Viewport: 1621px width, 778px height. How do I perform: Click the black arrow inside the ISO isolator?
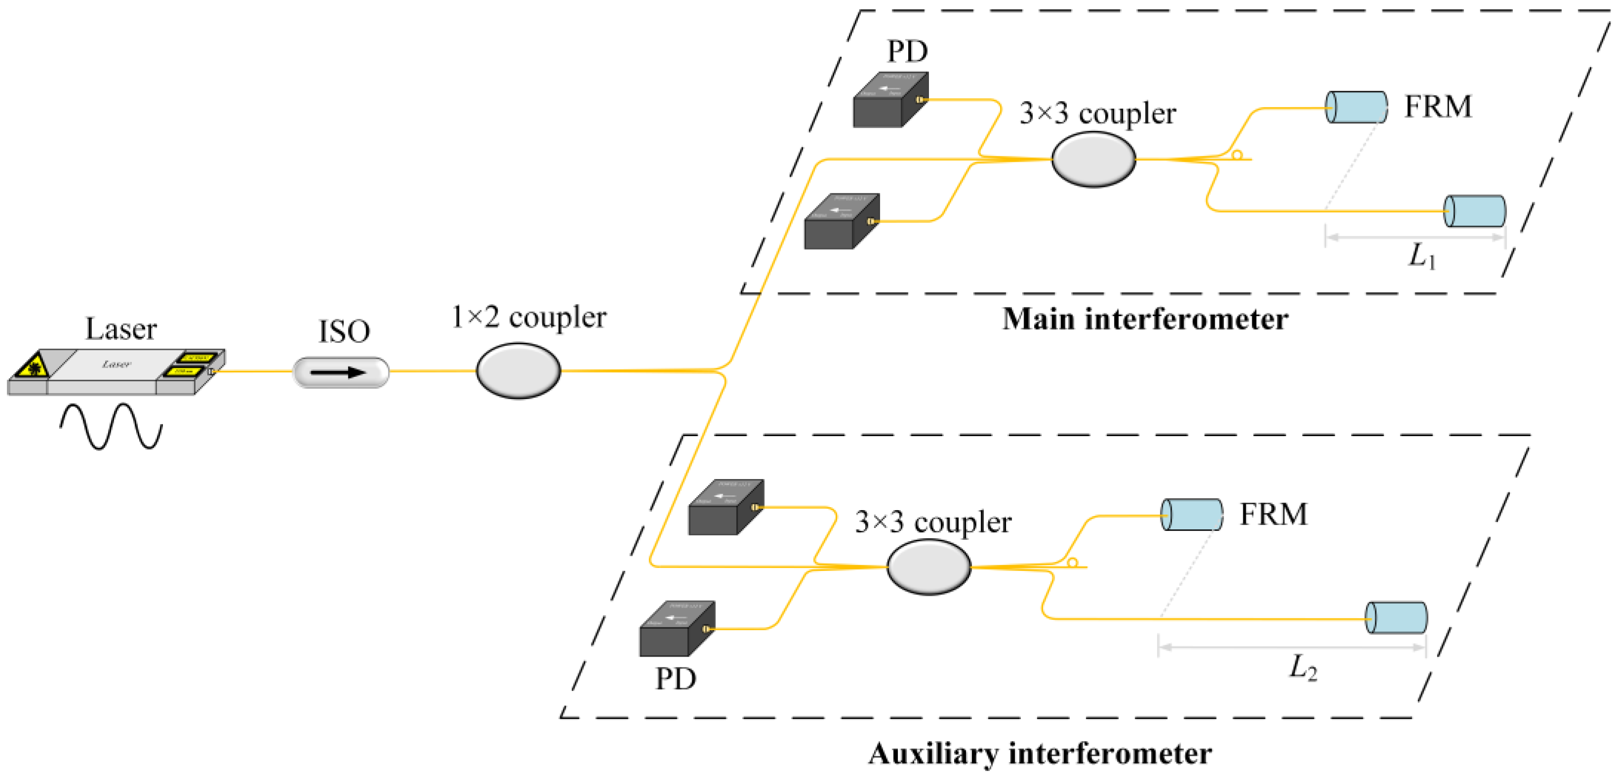[339, 372]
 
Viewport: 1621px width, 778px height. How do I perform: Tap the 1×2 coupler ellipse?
[518, 370]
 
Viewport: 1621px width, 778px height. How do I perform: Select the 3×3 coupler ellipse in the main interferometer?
[1094, 159]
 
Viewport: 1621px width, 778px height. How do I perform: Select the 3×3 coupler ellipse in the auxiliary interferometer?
[929, 567]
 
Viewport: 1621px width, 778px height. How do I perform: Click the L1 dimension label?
[1422, 257]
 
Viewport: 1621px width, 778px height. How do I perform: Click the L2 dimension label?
[1303, 667]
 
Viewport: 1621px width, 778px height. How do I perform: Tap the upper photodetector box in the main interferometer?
[890, 101]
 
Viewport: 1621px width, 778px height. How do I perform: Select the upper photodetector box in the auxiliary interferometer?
[726, 508]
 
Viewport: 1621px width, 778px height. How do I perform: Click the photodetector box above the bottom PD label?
[676, 629]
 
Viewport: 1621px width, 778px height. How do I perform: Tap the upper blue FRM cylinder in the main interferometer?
[1356, 107]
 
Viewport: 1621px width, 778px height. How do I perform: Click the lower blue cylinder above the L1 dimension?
[1474, 211]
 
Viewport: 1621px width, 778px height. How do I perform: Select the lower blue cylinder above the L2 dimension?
[1396, 618]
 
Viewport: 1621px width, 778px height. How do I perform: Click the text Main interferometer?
[1145, 319]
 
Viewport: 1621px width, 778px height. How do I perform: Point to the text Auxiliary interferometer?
[1040, 753]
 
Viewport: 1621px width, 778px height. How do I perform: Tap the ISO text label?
[344, 332]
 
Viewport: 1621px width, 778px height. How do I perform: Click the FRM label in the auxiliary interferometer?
[1274, 514]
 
